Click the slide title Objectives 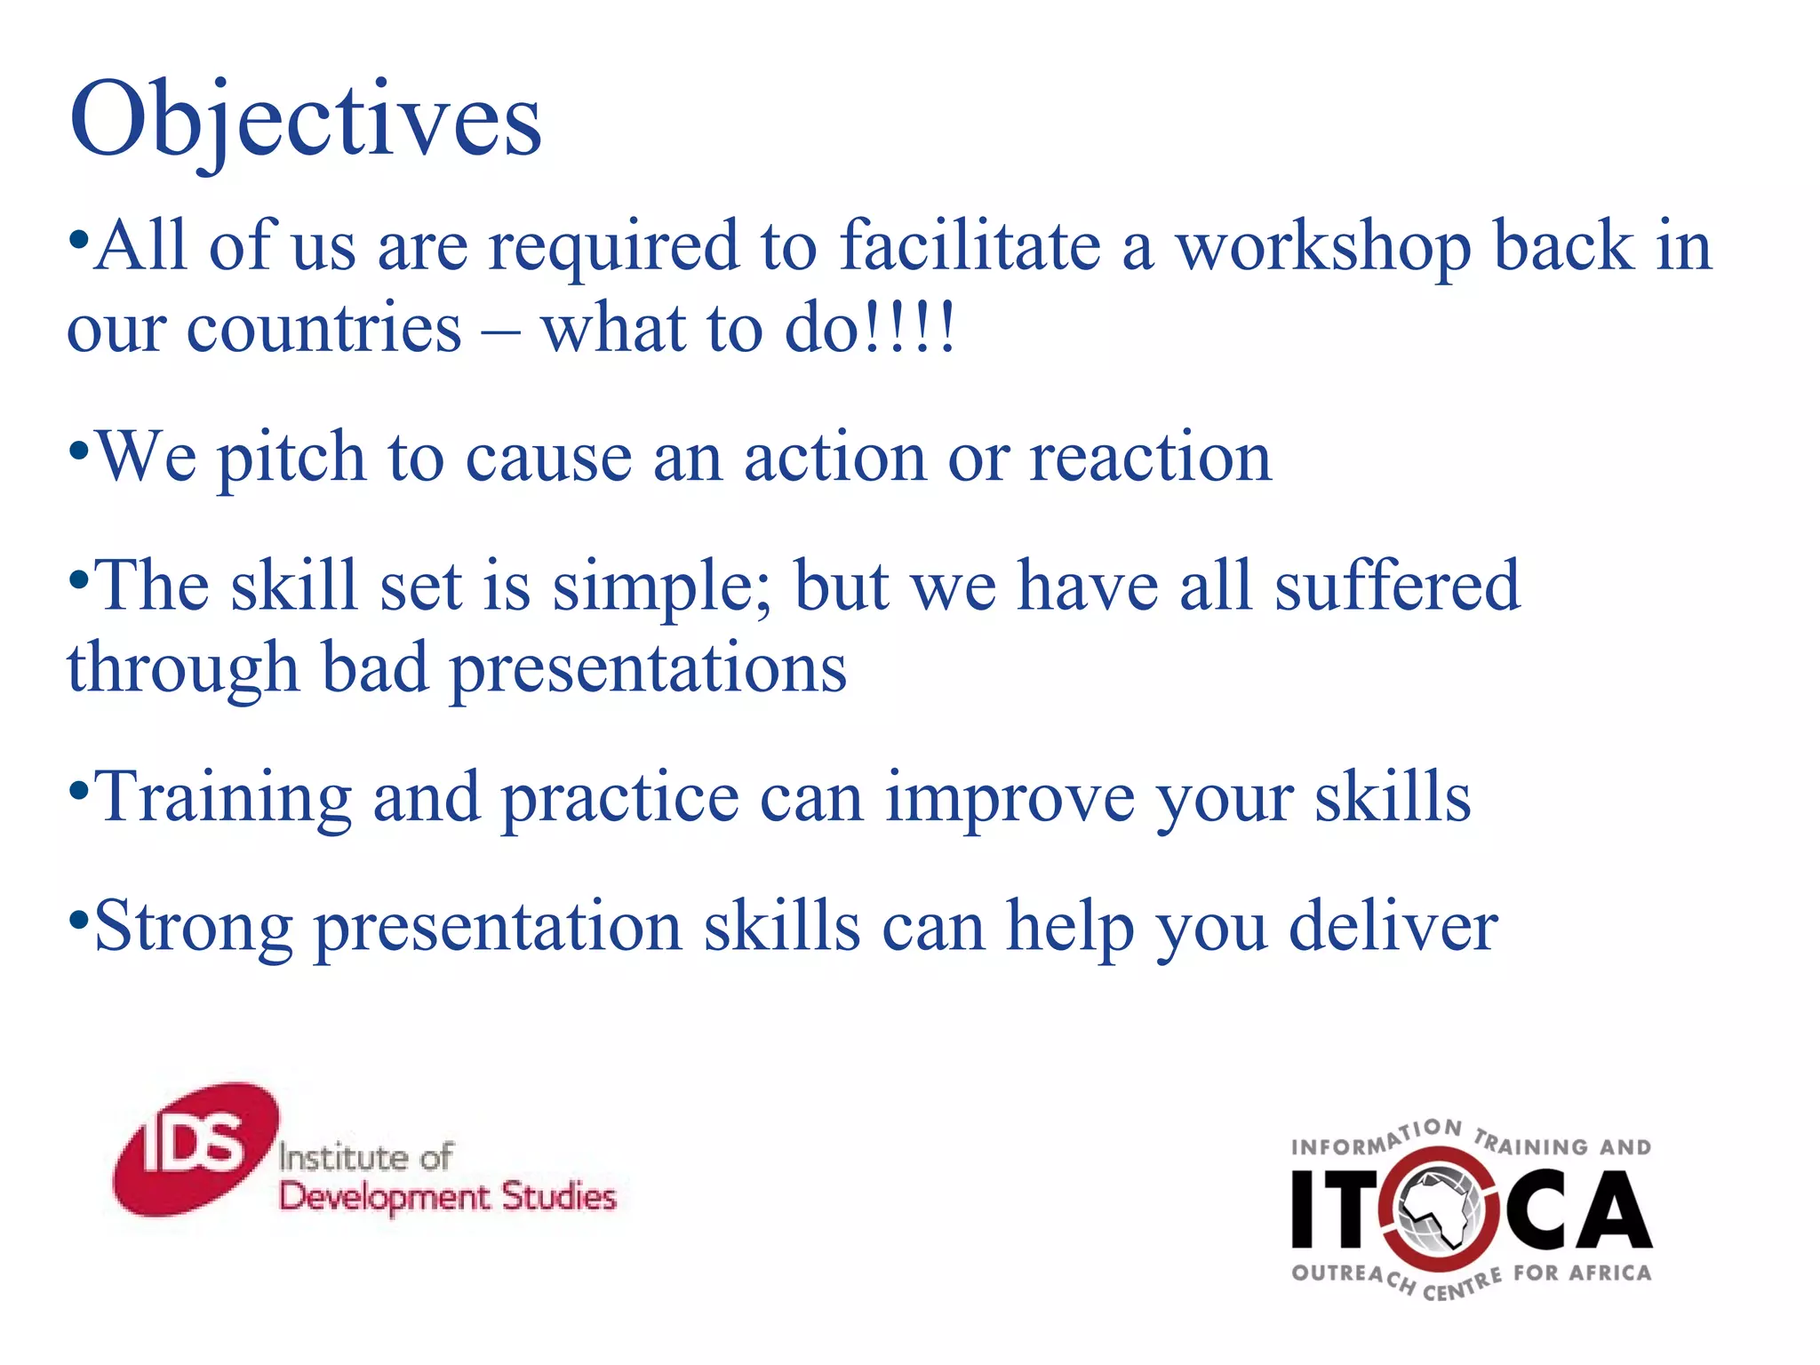(305, 120)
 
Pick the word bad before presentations (374, 667)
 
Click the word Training (222, 798)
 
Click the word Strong (193, 927)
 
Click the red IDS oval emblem (196, 1148)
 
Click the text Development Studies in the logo (447, 1197)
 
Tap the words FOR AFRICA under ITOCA (1582, 1273)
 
